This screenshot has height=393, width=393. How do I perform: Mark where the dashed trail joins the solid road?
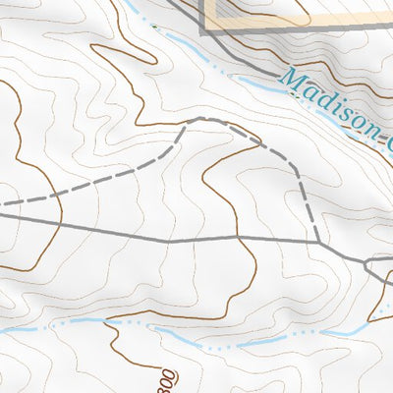click(318, 241)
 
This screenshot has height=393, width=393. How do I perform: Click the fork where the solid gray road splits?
click(365, 263)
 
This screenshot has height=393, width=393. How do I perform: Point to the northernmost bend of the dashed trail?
click(201, 119)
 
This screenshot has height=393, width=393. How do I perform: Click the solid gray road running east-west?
click(147, 236)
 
